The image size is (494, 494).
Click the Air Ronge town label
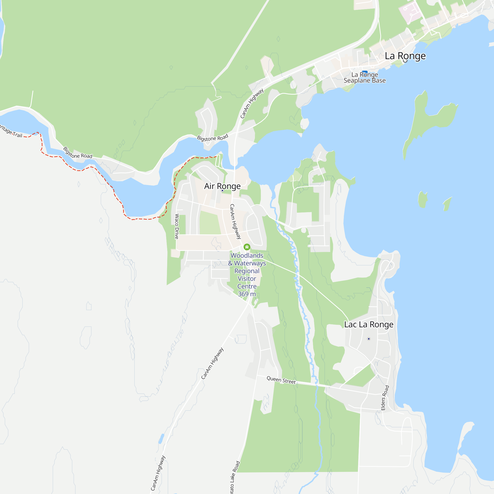[x=222, y=186]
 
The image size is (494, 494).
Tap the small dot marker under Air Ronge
[x=223, y=190]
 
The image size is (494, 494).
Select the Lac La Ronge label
[x=369, y=325]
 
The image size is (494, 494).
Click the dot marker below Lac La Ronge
[x=369, y=339]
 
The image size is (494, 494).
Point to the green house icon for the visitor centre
[x=247, y=247]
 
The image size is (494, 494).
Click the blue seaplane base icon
[x=365, y=72]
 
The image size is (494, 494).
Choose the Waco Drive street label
[x=177, y=226]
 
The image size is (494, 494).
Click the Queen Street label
[x=281, y=380]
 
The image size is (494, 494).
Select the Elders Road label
[x=385, y=398]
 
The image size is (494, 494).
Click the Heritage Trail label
[x=12, y=131]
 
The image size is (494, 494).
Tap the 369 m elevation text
[x=247, y=294]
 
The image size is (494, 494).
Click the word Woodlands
[x=247, y=255]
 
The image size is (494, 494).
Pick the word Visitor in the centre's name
[x=247, y=279]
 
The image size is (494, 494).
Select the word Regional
[x=247, y=271]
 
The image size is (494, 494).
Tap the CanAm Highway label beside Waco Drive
[x=235, y=221]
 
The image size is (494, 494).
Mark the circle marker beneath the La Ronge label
[x=405, y=61]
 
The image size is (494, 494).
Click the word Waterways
[x=250, y=263]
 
